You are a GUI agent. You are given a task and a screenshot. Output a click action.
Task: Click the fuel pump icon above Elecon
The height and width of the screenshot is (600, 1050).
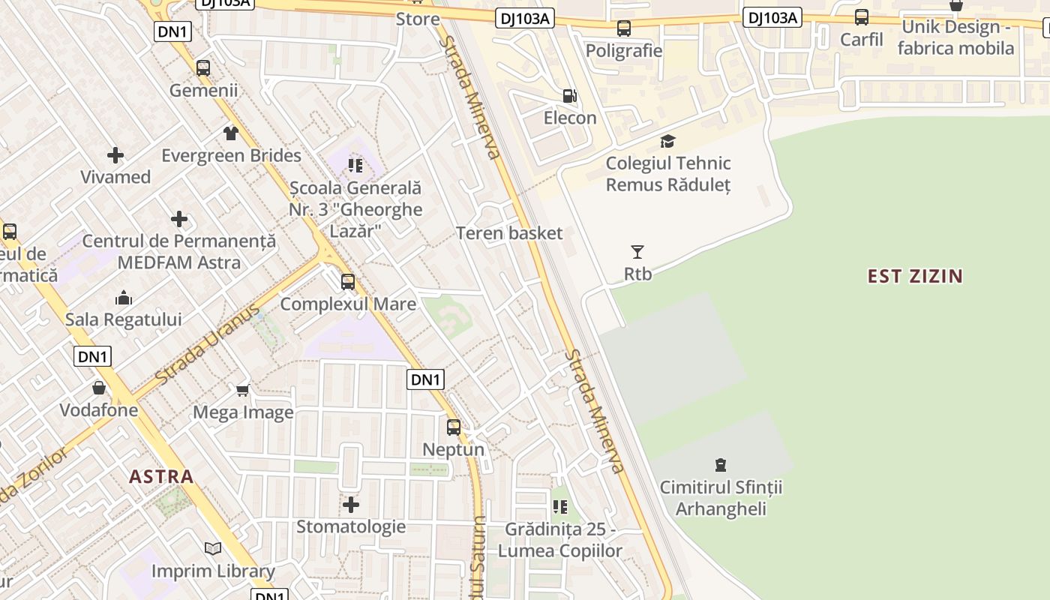(x=570, y=96)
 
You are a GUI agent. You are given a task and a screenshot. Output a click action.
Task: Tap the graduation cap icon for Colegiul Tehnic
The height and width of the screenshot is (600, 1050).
(x=667, y=141)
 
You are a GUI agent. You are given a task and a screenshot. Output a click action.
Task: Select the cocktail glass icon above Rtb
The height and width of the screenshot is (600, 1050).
(x=637, y=252)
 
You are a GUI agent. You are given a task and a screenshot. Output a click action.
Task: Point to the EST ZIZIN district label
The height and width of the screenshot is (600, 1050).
(x=915, y=276)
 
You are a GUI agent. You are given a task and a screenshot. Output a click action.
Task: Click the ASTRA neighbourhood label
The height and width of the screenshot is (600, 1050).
(x=161, y=476)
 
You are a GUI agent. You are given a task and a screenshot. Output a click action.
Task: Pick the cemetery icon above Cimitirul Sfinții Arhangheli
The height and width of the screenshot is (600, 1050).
(x=721, y=465)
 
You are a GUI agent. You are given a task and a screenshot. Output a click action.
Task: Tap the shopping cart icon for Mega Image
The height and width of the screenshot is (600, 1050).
(x=242, y=390)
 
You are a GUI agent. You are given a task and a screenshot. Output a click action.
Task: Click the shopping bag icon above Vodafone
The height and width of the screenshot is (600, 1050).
(x=99, y=388)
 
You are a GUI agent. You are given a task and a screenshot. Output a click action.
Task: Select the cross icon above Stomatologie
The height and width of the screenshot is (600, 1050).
(x=350, y=504)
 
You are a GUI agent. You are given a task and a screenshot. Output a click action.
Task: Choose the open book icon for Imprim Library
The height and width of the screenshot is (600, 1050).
(x=213, y=549)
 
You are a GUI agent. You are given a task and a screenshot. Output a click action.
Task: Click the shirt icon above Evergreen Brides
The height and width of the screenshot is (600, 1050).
(x=231, y=133)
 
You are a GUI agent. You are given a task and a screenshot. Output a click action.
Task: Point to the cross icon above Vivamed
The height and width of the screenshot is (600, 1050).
(x=115, y=155)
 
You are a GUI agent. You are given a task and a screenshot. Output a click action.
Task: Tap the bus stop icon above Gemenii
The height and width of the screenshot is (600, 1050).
(x=202, y=68)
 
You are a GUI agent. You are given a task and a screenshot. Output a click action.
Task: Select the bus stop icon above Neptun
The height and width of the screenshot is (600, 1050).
(x=454, y=427)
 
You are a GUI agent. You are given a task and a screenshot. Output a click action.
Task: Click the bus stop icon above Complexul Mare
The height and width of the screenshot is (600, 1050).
(x=347, y=282)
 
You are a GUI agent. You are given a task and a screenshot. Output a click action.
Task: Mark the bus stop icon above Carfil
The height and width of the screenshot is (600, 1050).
(x=862, y=17)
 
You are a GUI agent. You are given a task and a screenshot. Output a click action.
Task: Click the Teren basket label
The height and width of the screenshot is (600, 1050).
(x=509, y=233)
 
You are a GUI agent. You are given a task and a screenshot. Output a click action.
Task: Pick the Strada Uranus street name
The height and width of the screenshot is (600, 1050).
(x=208, y=342)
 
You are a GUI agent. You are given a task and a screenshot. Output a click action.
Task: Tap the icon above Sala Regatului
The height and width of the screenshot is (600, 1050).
(x=124, y=298)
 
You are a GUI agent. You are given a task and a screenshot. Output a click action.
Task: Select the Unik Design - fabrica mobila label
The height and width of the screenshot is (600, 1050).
(x=955, y=37)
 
